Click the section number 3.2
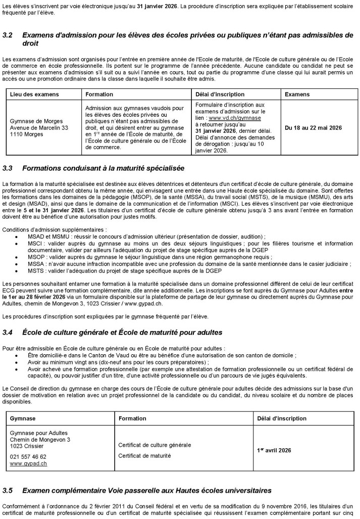9,35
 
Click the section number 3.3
9,167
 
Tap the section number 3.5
9,490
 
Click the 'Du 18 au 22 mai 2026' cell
313,128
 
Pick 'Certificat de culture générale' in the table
155,445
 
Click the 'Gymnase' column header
23,418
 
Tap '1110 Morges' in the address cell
24,135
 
